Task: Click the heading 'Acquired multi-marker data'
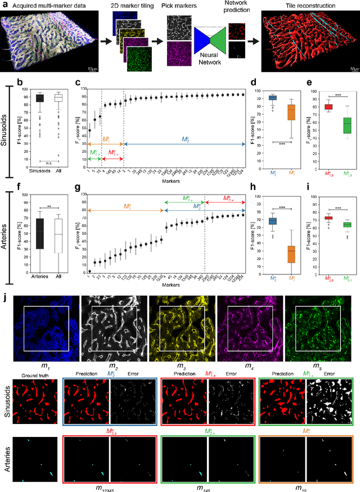point(46,5)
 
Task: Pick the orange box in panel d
point(291,111)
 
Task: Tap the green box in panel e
point(347,124)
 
